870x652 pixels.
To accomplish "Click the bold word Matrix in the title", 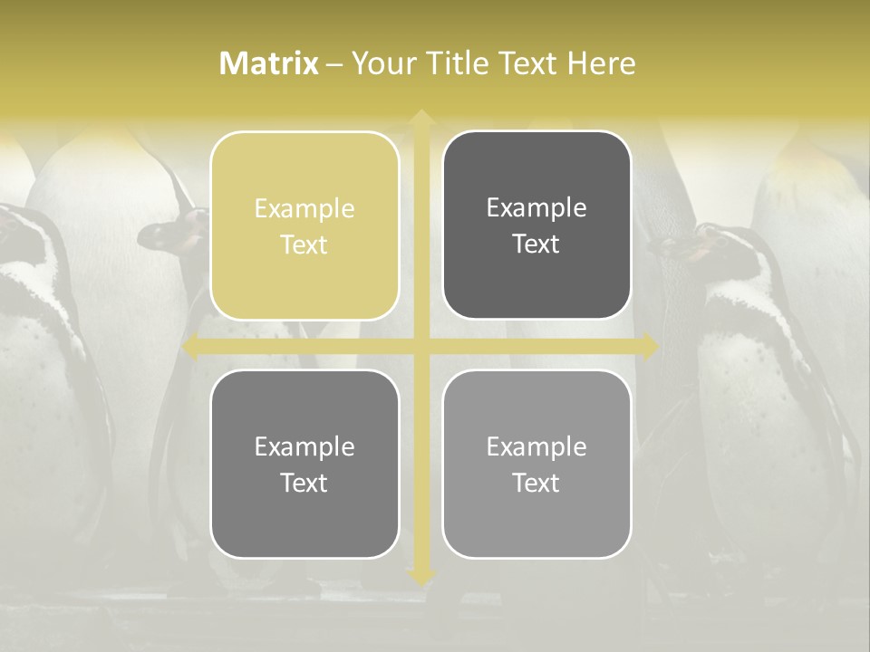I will coord(269,63).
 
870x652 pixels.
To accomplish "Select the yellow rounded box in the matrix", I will coord(304,226).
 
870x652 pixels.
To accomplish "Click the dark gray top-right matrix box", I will coord(536,225).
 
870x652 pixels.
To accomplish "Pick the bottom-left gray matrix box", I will coord(304,465).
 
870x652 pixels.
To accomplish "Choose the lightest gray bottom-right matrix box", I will coord(536,465).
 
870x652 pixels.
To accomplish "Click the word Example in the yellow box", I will coord(304,208).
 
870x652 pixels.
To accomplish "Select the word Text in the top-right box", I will coord(536,244).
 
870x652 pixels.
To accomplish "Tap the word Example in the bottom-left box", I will coord(304,446).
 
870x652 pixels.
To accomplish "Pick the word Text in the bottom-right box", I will coord(536,483).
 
